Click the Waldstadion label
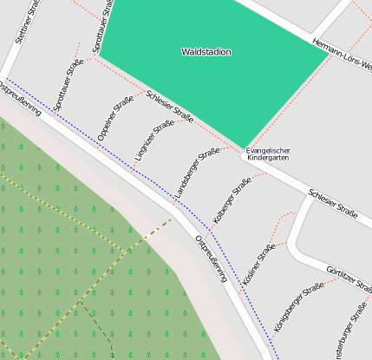[206, 52]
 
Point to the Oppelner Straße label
[115, 118]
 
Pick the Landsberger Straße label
[198, 173]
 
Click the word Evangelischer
[268, 151]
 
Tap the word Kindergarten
[268, 160]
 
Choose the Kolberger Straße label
[232, 198]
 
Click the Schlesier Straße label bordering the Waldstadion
[169, 107]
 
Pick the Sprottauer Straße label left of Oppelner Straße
[69, 85]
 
